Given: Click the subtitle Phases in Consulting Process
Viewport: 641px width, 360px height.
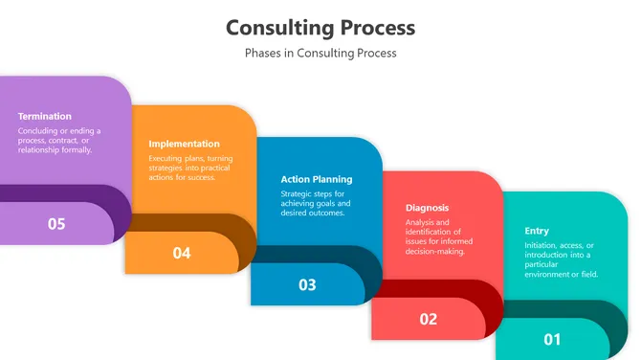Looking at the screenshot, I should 320,54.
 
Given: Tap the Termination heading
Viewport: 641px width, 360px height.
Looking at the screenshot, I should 45,116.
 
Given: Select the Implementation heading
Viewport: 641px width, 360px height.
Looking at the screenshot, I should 184,144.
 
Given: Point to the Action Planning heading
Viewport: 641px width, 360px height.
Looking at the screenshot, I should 316,179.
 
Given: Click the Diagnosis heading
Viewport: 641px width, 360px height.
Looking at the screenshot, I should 427,208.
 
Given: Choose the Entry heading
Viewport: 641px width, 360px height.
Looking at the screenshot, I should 537,231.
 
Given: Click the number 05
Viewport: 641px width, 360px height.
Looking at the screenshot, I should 56,224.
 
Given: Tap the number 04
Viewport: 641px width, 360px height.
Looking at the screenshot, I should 182,253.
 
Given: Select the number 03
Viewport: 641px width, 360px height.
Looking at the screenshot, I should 307,284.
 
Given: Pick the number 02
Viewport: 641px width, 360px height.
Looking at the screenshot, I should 428,319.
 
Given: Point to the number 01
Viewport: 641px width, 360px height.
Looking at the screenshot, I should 552,339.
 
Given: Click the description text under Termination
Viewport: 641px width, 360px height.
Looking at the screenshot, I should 59,141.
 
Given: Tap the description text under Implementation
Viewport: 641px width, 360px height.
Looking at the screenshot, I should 190,168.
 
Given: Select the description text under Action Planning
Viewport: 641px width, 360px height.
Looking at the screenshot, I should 316,203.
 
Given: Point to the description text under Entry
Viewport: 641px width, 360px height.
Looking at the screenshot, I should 561,259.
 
